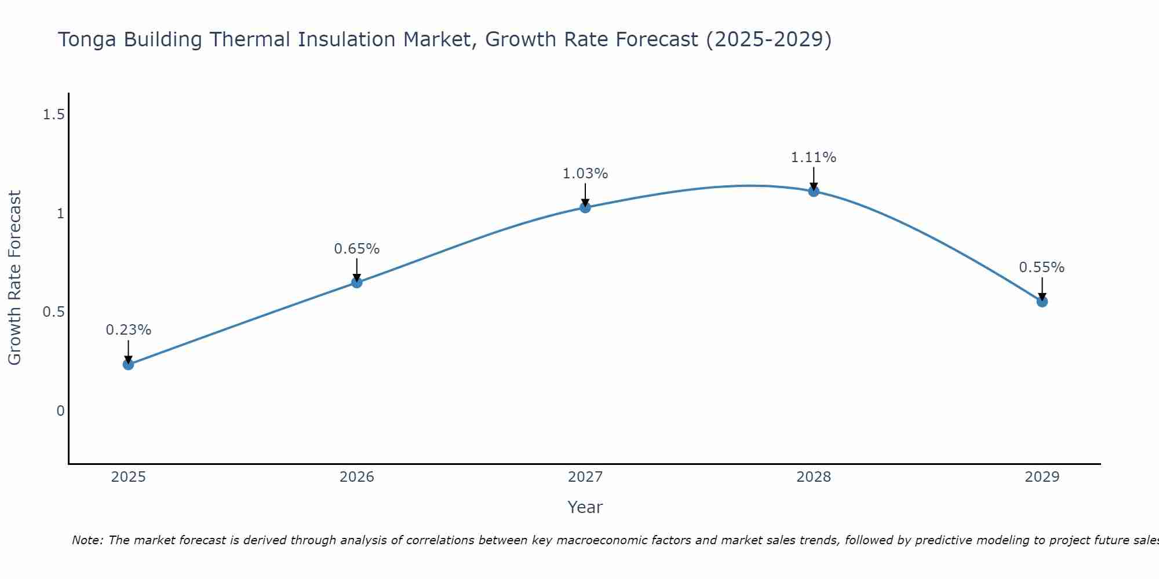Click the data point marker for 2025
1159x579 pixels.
pyautogui.click(x=129, y=364)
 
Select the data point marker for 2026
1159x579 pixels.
pyautogui.click(x=357, y=283)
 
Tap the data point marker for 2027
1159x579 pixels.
pyautogui.click(x=585, y=207)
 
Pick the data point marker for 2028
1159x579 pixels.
pyautogui.click(x=814, y=191)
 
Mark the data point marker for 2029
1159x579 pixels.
pyautogui.click(x=1042, y=302)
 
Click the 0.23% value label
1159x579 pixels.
pyautogui.click(x=129, y=330)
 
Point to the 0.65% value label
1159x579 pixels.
pyautogui.click(x=357, y=249)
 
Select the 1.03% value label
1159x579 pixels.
pyautogui.click(x=585, y=174)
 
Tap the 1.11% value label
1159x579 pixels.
pyautogui.click(x=814, y=157)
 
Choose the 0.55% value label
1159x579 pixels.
pyautogui.click(x=1042, y=267)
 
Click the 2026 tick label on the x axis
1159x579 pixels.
pyautogui.click(x=357, y=477)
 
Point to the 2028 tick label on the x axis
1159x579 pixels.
pyautogui.click(x=814, y=477)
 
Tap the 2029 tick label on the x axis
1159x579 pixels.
pyautogui.click(x=1042, y=477)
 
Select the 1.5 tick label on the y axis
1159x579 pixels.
pyautogui.click(x=53, y=115)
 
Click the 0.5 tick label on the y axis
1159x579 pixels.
pyautogui.click(x=53, y=312)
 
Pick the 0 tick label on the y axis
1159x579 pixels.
pyautogui.click(x=60, y=411)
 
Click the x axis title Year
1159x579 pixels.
pyautogui.click(x=585, y=507)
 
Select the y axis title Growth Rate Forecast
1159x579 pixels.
pyautogui.click(x=14, y=278)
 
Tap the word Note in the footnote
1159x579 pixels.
pyautogui.click(x=86, y=540)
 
